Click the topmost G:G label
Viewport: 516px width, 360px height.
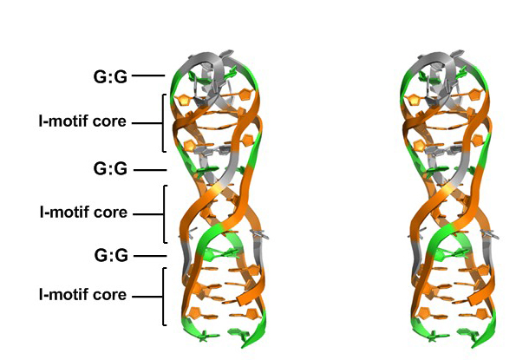(110, 77)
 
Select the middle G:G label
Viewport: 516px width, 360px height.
(110, 169)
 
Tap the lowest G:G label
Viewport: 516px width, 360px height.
(111, 255)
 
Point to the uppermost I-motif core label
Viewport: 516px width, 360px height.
(82, 121)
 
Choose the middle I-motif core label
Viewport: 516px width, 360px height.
(83, 213)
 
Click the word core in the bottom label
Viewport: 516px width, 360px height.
(109, 295)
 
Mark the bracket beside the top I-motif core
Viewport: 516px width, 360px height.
(163, 123)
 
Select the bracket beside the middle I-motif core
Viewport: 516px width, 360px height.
(164, 214)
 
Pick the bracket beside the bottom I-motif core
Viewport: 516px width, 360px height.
(163, 297)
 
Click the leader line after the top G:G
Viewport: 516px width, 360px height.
(148, 75)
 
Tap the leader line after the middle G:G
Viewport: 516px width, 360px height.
(150, 170)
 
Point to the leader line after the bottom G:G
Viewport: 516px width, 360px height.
(150, 256)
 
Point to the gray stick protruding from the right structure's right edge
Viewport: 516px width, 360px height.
(490, 234)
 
